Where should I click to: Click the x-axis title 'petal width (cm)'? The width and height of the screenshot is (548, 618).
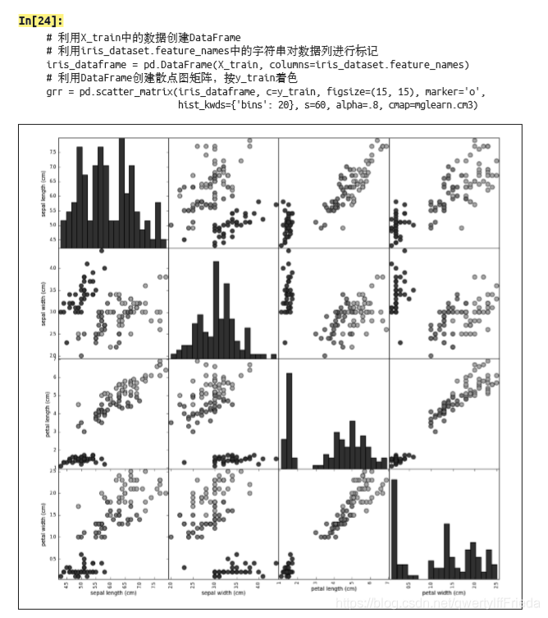pyautogui.click(x=444, y=592)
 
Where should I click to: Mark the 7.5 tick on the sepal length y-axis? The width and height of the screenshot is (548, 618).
pyautogui.click(x=53, y=151)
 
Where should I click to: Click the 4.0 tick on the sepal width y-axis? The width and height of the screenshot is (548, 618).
pyautogui.click(x=53, y=268)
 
